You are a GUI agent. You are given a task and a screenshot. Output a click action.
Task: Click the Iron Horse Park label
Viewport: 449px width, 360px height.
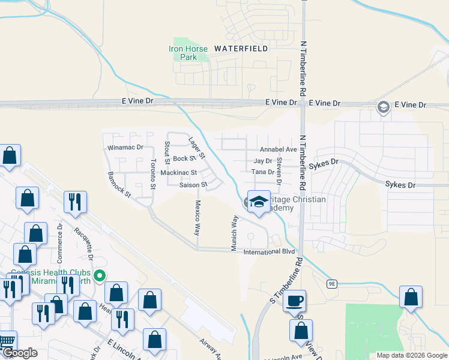click(x=188, y=53)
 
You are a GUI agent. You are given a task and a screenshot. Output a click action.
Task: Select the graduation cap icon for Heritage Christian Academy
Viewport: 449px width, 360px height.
click(x=259, y=202)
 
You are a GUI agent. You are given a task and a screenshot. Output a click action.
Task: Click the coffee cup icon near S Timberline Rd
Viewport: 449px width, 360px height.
click(x=294, y=301)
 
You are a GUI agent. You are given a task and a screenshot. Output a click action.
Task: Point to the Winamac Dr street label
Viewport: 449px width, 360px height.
click(x=125, y=147)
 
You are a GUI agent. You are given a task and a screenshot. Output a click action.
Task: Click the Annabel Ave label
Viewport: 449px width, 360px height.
click(x=279, y=149)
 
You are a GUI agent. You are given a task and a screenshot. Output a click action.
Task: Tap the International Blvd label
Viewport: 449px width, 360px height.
click(x=269, y=252)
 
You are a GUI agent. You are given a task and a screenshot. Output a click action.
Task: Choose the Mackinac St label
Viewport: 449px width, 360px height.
click(x=178, y=173)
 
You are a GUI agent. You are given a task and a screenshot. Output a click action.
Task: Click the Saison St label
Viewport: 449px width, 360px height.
click(x=193, y=185)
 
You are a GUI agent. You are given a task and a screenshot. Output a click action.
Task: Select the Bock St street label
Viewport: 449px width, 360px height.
click(x=184, y=159)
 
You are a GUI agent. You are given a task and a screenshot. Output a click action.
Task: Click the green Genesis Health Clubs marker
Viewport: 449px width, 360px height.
click(x=100, y=276)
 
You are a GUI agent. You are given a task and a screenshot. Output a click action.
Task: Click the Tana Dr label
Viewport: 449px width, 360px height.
click(x=263, y=172)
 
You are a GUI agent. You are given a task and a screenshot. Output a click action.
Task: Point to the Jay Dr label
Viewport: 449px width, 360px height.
click(x=263, y=161)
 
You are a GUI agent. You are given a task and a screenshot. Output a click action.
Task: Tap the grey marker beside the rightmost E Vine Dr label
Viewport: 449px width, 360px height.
click(x=382, y=107)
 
